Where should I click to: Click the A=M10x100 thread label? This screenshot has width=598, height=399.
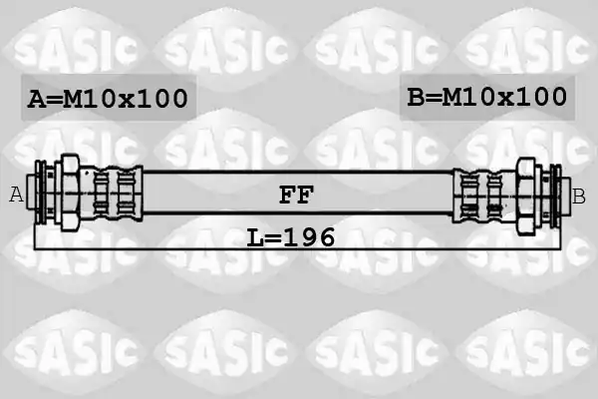point(108,99)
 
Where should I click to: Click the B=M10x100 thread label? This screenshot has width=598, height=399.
point(487,97)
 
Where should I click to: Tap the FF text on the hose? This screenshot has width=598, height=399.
point(296,195)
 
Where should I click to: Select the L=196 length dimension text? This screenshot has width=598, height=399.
point(291,237)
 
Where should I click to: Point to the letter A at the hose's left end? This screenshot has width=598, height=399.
point(16,195)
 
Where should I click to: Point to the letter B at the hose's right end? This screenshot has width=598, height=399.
point(578,198)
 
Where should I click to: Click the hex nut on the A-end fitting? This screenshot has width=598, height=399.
point(70,193)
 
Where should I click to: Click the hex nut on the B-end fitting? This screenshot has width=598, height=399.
point(525,196)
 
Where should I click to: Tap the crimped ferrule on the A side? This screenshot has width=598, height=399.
point(111,194)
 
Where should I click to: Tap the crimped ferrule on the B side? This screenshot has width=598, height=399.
point(484,196)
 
